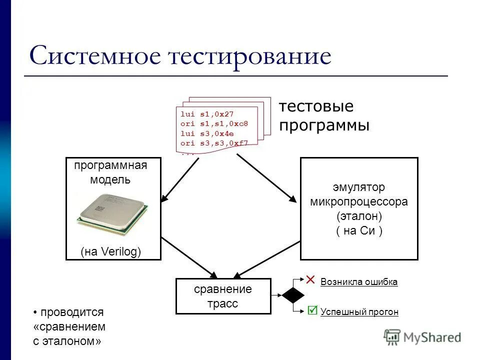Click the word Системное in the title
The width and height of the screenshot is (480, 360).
pyautogui.click(x=96, y=56)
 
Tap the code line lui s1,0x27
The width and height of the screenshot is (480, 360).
pyautogui.click(x=206, y=114)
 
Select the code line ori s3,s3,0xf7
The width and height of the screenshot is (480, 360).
pyautogui.click(x=214, y=143)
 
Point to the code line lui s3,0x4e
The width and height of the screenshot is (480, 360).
pyautogui.click(x=207, y=133)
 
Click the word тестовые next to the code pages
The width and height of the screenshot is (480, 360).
pyautogui.click(x=316, y=106)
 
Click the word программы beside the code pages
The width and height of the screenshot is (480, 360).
pyautogui.click(x=324, y=125)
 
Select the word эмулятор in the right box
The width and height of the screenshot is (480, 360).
pyautogui.click(x=359, y=187)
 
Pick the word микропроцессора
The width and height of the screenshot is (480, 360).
pyautogui.click(x=359, y=202)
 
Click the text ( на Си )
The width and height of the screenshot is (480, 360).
pyautogui.click(x=359, y=231)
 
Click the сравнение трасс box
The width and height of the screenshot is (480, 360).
pyautogui.click(x=223, y=296)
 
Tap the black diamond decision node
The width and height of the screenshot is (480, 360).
pyautogui.click(x=293, y=295)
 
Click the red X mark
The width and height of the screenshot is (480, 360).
pyautogui.click(x=311, y=279)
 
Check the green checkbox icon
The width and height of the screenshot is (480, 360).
pyautogui.click(x=312, y=310)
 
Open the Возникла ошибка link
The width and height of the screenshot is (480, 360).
pyautogui.click(x=358, y=282)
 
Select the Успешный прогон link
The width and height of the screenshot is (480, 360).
pyautogui.click(x=359, y=312)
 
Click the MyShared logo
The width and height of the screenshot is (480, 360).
pyautogui.click(x=423, y=337)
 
